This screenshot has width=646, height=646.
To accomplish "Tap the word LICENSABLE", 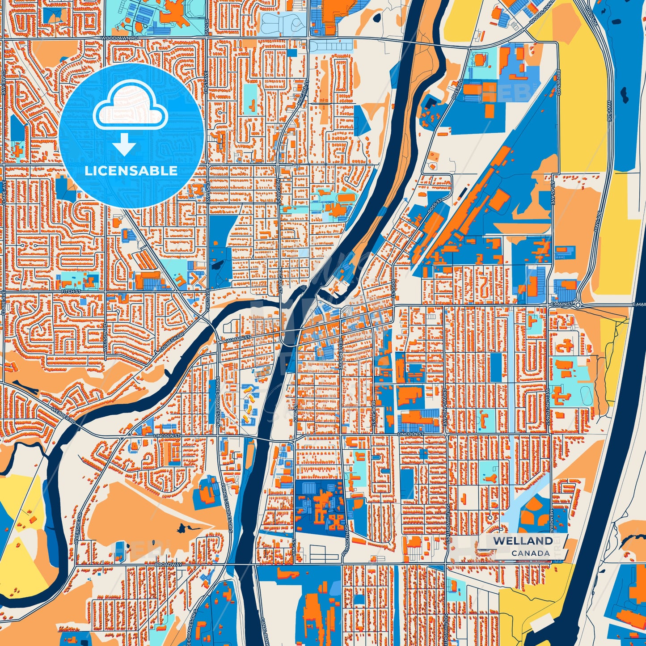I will (131, 171).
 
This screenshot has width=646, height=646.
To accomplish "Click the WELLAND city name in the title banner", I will (523, 541).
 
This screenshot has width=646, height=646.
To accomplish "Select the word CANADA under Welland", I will (531, 553).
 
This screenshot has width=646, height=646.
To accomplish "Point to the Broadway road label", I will (168, 565).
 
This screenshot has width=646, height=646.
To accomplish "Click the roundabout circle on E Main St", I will (578, 305).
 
